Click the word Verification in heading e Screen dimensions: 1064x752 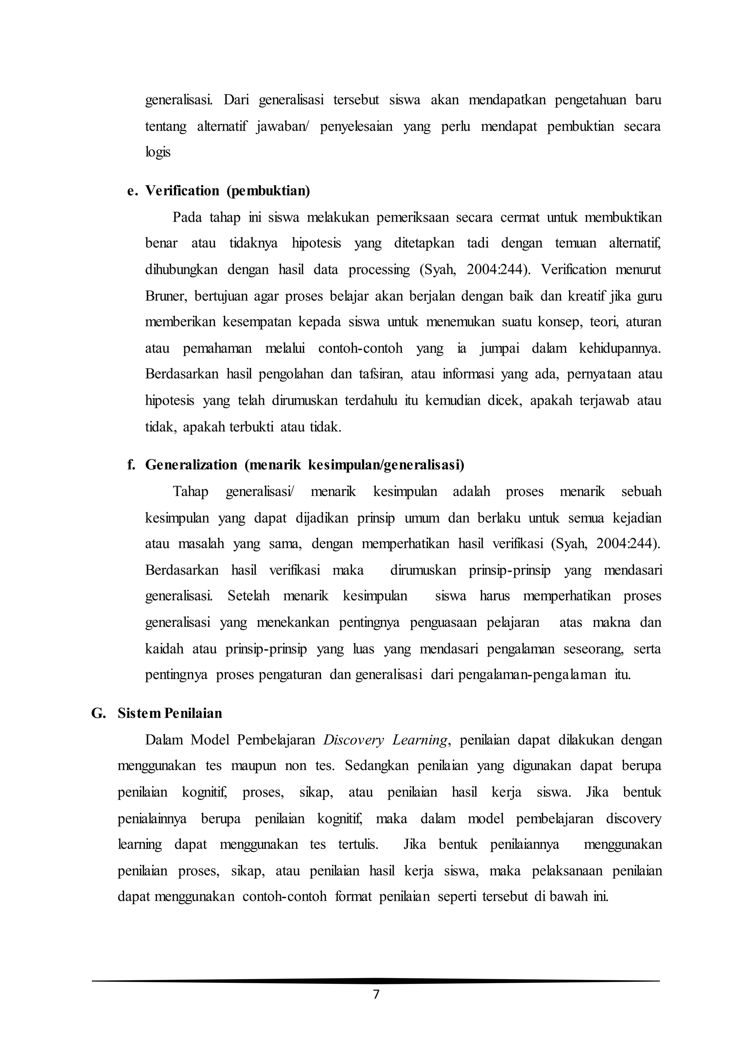pyautogui.click(x=182, y=190)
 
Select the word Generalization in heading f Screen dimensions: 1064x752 pyautogui.click(x=191, y=465)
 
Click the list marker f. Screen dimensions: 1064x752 pyautogui.click(x=131, y=465)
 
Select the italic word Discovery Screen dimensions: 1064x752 pyautogui.click(x=353, y=740)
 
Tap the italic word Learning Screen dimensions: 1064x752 pyautogui.click(x=420, y=740)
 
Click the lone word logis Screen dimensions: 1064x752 pyautogui.click(x=158, y=152)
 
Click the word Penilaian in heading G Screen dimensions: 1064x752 pyautogui.click(x=193, y=713)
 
